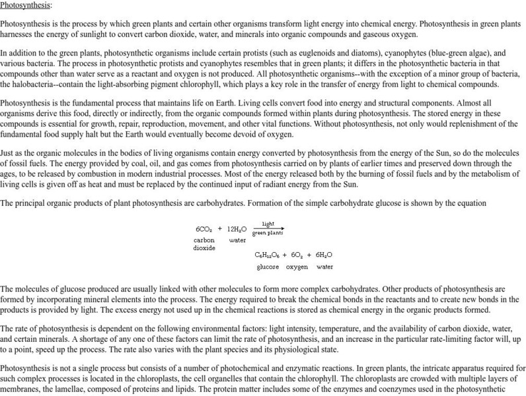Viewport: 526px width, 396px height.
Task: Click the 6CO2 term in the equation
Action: tap(203, 229)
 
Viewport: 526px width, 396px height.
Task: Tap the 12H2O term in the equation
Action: tap(237, 229)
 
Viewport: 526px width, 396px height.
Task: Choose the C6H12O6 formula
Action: tap(267, 255)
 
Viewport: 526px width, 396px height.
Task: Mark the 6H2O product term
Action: tap(324, 255)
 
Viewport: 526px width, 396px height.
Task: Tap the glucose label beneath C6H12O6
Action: tap(268, 267)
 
